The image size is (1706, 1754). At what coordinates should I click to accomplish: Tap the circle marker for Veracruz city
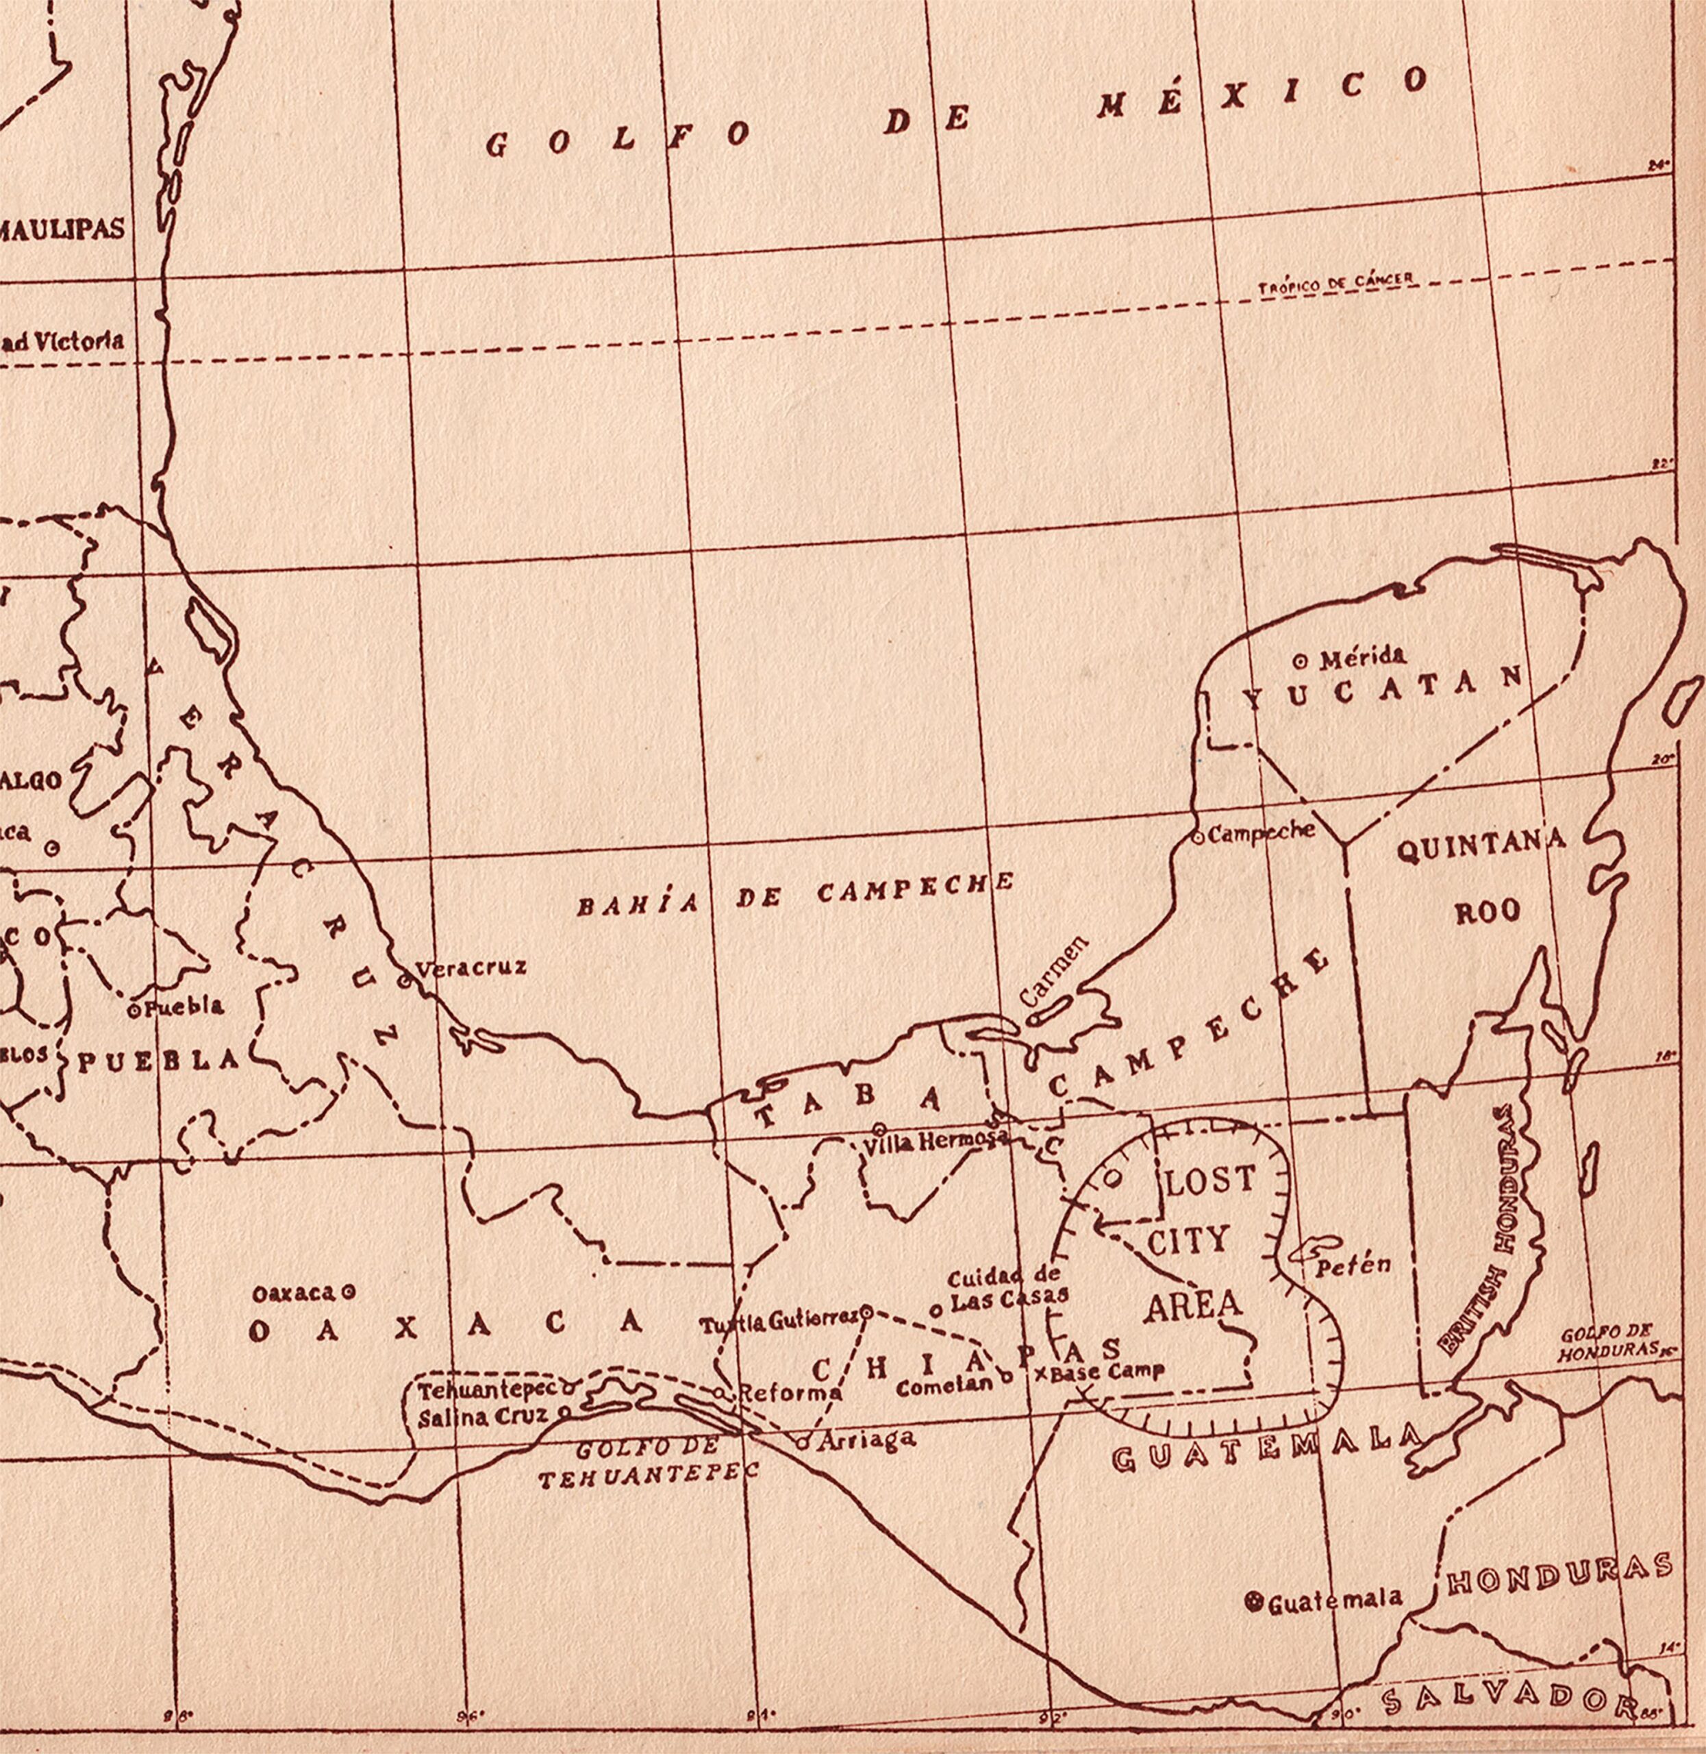point(404,980)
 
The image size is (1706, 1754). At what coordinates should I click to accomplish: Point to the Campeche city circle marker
point(1198,837)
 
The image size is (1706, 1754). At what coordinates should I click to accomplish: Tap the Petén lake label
point(1353,1265)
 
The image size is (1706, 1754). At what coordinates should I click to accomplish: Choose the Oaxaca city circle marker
point(349,1292)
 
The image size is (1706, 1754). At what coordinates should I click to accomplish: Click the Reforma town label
point(788,1394)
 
